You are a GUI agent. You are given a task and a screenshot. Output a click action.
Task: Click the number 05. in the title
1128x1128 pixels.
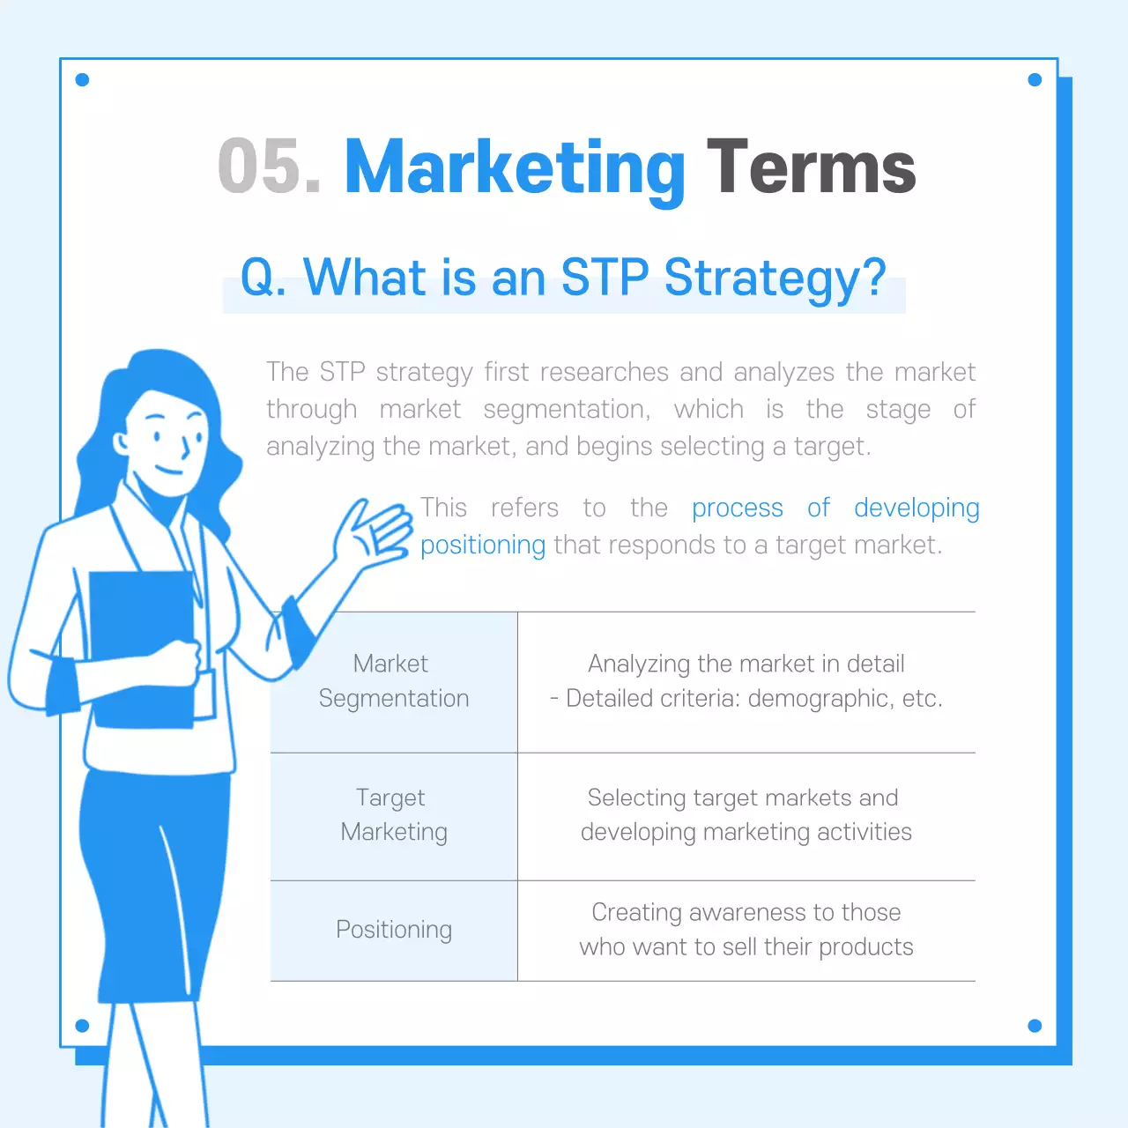point(269,167)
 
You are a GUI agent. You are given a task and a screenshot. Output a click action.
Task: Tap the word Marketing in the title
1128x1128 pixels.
point(515,168)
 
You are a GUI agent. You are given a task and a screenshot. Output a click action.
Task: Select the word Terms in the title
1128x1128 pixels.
point(811,167)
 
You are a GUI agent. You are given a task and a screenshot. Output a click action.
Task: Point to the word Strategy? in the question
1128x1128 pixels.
point(775,279)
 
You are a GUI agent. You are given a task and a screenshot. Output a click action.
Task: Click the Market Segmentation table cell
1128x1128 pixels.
point(393,681)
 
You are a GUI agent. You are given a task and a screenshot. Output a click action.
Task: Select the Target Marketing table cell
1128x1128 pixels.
point(393,815)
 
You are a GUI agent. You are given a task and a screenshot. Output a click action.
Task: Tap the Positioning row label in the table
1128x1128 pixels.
point(393,930)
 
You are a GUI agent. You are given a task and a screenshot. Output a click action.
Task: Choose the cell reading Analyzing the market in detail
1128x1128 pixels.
point(746,681)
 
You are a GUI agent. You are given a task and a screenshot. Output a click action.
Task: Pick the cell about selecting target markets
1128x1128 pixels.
point(746,815)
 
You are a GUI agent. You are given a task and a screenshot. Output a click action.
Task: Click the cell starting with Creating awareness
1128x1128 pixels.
point(746,930)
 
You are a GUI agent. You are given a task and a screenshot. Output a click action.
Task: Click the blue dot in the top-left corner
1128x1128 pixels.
point(83,80)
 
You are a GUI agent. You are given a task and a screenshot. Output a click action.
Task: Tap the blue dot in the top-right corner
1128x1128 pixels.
point(1035,80)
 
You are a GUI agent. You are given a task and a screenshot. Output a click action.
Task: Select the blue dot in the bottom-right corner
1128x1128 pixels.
point(1035,1026)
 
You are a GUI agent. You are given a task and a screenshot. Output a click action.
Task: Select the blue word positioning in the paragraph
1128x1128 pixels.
point(482,545)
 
